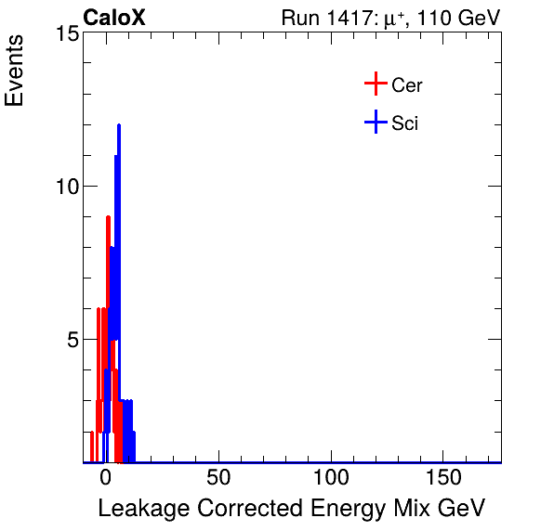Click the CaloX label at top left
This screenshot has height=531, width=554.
pyautogui.click(x=114, y=18)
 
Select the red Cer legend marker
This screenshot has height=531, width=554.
pyautogui.click(x=375, y=84)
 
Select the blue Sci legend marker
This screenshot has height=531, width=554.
pyautogui.click(x=375, y=123)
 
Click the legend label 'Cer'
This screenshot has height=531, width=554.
pyautogui.click(x=407, y=85)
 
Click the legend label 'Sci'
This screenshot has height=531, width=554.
pyautogui.click(x=404, y=123)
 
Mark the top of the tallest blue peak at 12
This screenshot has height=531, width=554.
pyautogui.click(x=118, y=125)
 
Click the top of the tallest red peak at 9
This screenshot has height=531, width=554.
pyautogui.click(x=108, y=217)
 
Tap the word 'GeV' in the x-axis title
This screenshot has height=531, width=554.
pyautogui.click(x=461, y=509)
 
